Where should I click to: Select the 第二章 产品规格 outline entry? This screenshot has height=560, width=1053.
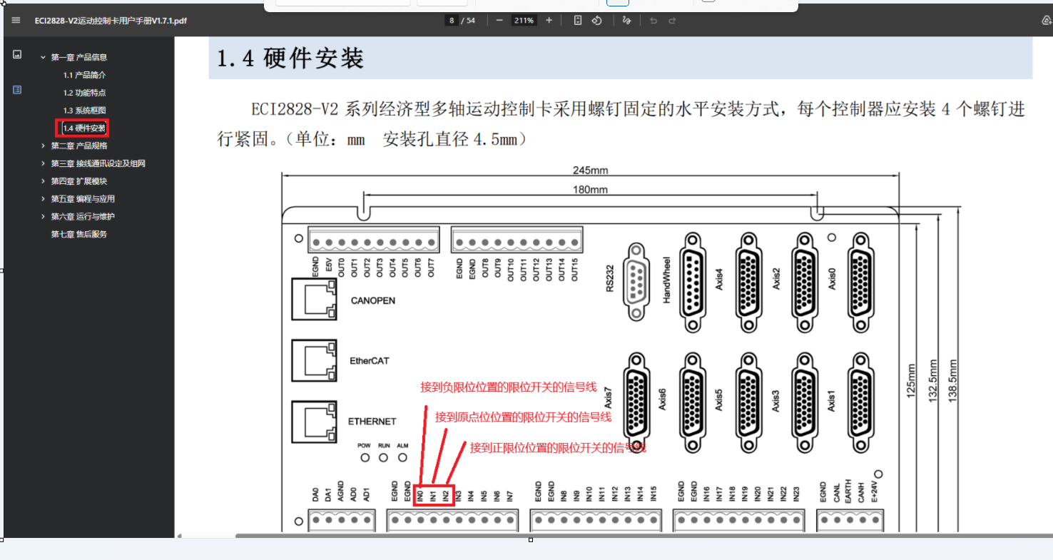79,146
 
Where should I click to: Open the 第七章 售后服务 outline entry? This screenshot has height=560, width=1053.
79,234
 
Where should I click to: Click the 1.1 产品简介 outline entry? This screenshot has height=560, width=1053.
85,75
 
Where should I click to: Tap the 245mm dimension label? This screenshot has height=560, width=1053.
589,170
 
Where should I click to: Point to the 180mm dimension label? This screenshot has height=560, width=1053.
590,190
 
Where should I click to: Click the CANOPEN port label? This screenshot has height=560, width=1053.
372,300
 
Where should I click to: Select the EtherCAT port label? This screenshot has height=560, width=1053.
370,361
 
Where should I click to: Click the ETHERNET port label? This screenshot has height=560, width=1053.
372,422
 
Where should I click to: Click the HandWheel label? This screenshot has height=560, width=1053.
666,280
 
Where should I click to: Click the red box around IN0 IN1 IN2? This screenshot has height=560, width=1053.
434,495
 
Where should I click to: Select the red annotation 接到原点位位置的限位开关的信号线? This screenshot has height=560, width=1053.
523,417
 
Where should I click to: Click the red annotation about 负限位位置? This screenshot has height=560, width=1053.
508,387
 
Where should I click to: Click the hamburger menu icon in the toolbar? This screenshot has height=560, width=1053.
16,20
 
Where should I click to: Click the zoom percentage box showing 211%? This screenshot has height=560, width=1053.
524,21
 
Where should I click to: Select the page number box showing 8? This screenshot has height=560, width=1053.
452,21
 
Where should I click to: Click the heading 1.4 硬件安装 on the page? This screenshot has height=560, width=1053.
290,58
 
